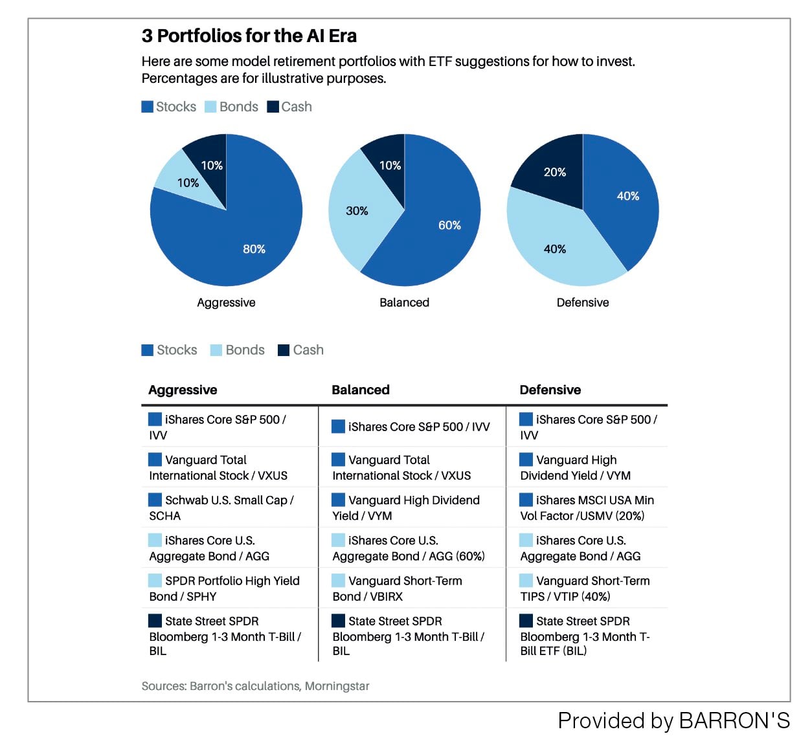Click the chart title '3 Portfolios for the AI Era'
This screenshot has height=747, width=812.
[x=249, y=36]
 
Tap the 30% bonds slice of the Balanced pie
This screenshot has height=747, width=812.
[x=356, y=210]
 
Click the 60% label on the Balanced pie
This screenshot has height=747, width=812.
[x=449, y=225]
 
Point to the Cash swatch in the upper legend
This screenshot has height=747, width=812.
[x=273, y=107]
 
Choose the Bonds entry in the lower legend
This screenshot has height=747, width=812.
[x=237, y=350]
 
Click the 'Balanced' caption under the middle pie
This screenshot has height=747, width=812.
[x=404, y=302]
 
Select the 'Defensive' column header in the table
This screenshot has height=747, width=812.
[x=550, y=390]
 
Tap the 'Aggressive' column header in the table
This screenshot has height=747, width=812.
[x=183, y=390]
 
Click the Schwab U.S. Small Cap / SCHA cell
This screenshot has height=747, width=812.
[x=221, y=507]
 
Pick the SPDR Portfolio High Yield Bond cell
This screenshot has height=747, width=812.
[x=224, y=588]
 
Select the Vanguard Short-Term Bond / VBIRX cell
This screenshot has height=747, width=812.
[x=397, y=588]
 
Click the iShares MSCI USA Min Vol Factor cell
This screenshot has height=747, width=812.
[x=587, y=507]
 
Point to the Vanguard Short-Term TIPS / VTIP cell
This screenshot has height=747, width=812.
[x=585, y=588]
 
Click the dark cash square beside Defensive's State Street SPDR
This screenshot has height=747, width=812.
[x=526, y=621]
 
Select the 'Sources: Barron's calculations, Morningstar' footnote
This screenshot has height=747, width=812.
[x=255, y=686]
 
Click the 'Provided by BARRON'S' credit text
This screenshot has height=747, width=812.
[x=674, y=720]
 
